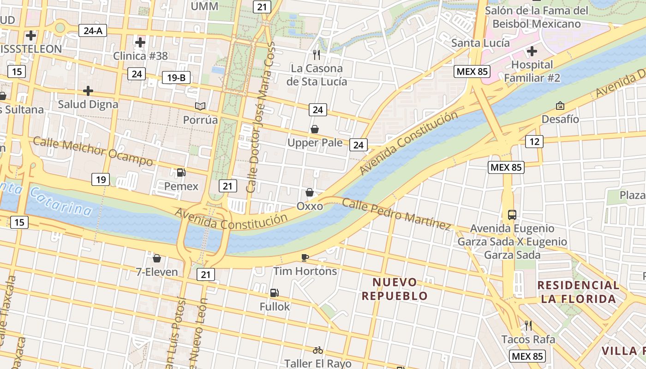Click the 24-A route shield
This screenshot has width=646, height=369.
[x=93, y=31]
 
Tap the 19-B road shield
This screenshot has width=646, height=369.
[x=176, y=77]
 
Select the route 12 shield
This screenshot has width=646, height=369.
[x=534, y=142]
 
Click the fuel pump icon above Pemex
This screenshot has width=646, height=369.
[x=181, y=173]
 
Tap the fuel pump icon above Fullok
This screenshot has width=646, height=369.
[x=274, y=292]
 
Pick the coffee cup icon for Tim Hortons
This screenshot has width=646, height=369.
[x=305, y=257]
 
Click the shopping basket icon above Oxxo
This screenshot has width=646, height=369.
[x=310, y=192]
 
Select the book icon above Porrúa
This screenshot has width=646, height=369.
[x=200, y=107]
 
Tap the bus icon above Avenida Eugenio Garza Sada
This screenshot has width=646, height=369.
[x=512, y=214]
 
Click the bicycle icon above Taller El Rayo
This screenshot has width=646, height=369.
[x=317, y=350]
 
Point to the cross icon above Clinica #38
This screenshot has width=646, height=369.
[x=140, y=42]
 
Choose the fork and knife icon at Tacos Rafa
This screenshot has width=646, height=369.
[x=528, y=326]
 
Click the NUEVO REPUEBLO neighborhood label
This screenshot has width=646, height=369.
[x=395, y=289]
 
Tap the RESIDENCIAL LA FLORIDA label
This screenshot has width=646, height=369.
[x=578, y=292]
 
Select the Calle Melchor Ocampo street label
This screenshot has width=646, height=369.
[x=93, y=151]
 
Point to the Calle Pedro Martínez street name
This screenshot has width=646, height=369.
[x=396, y=214]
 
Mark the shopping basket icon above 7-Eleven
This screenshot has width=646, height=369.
[x=157, y=258]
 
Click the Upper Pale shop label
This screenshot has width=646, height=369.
[x=315, y=143]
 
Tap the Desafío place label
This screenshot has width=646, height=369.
[x=560, y=119]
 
